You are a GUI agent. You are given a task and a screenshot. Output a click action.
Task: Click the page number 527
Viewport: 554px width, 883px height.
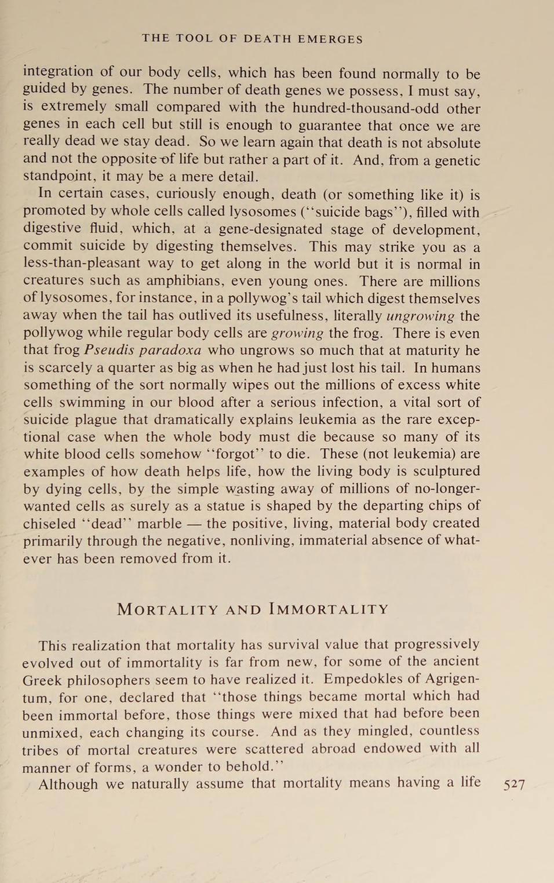514,785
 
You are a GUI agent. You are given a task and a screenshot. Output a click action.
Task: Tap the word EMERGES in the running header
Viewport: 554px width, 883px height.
330,39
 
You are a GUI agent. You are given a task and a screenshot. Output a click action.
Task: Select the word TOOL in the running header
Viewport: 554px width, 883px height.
194,39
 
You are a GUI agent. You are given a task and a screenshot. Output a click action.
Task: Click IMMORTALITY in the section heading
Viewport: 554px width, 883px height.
329,610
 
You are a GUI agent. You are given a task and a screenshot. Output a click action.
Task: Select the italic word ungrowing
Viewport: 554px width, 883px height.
420,316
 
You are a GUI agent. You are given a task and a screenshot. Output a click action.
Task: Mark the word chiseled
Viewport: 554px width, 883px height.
49,523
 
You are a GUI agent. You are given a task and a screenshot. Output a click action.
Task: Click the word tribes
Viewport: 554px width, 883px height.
40,750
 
